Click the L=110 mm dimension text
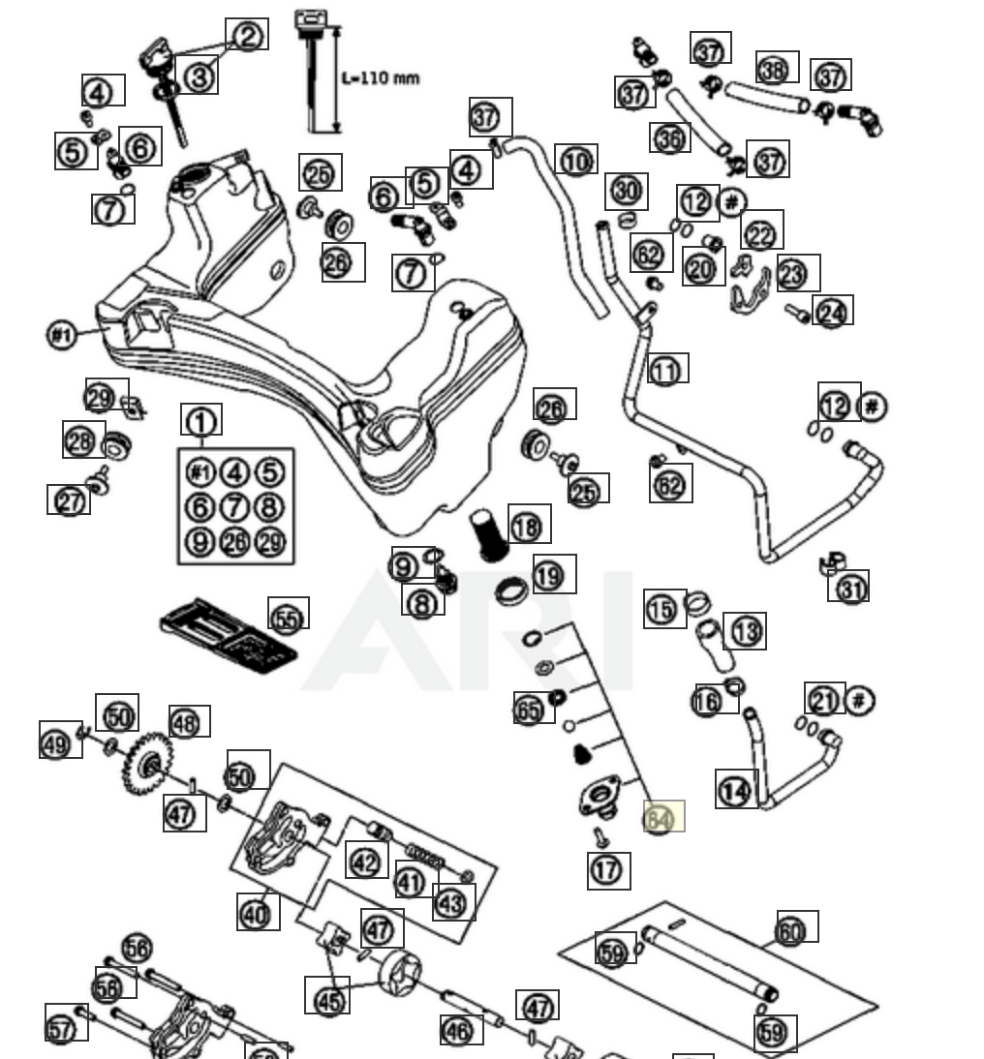click(382, 77)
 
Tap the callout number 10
click(576, 161)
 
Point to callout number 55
click(288, 617)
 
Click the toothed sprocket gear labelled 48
click(146, 765)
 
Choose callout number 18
click(528, 526)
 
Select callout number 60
click(794, 929)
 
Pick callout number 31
click(849, 587)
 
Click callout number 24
click(832, 311)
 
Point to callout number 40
click(257, 912)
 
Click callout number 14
click(736, 790)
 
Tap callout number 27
click(69, 500)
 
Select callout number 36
click(669, 137)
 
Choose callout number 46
click(461, 1029)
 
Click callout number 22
click(761, 232)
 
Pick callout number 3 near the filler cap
click(199, 76)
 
